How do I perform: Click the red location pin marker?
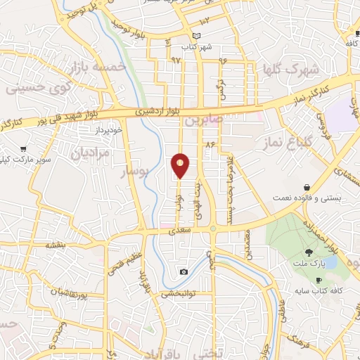(x=181, y=165)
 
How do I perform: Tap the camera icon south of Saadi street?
(x=184, y=271)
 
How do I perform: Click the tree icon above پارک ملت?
(x=309, y=252)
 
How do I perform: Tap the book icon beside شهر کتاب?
(x=197, y=37)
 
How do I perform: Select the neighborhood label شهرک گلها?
(x=289, y=70)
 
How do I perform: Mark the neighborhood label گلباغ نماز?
(x=285, y=143)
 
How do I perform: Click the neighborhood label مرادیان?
(x=91, y=151)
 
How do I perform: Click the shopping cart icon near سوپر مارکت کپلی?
(x=24, y=149)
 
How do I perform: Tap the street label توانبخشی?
(x=177, y=294)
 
